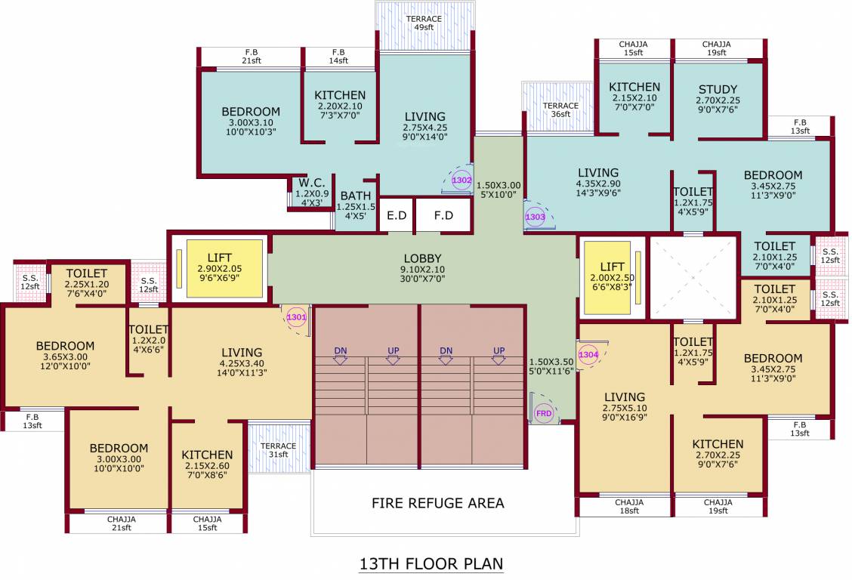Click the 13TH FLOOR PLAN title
click(x=431, y=563)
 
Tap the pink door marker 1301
click(x=296, y=318)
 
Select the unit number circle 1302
click(x=461, y=180)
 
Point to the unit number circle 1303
click(x=535, y=217)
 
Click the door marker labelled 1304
click(x=588, y=354)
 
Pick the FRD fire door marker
click(x=543, y=414)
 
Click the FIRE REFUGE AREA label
click(x=437, y=503)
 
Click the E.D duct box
click(x=397, y=215)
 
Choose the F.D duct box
click(x=443, y=215)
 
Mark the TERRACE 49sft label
click(x=423, y=23)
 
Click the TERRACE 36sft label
click(x=560, y=110)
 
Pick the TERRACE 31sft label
click(x=279, y=450)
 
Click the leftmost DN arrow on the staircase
click(x=340, y=355)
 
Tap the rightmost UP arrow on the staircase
click(x=499, y=355)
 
